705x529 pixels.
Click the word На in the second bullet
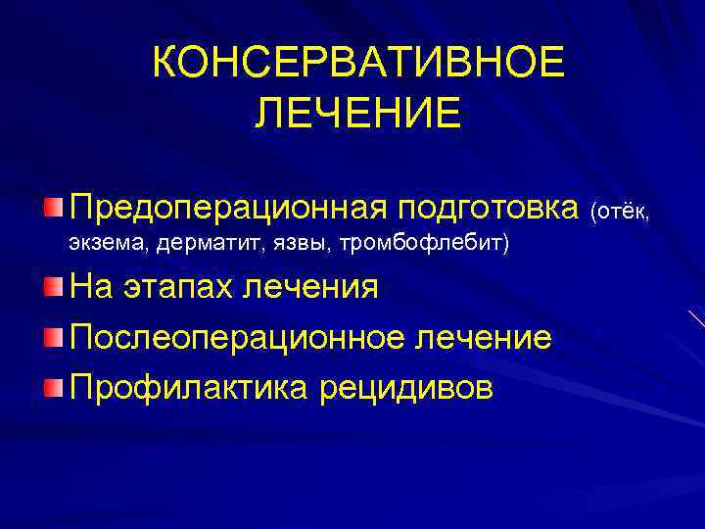coord(90,288)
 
